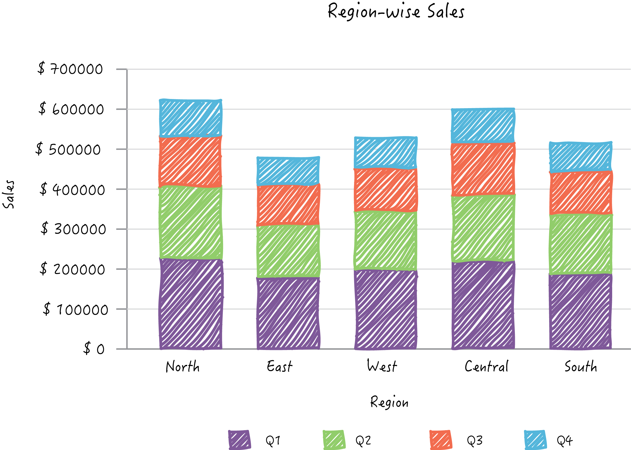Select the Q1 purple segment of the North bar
[191, 304]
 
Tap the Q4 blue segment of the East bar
[288, 171]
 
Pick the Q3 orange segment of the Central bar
[483, 169]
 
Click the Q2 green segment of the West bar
[385, 241]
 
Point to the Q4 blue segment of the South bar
[581, 157]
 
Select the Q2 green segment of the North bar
[191, 222]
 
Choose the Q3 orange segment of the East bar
[288, 205]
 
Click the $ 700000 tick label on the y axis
[70, 69]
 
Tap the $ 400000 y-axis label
[72, 190]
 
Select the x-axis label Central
[486, 366]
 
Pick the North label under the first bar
[183, 366]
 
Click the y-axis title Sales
[9, 194]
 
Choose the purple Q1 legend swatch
[239, 440]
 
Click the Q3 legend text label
[475, 440]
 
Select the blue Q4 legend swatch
[535, 440]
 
